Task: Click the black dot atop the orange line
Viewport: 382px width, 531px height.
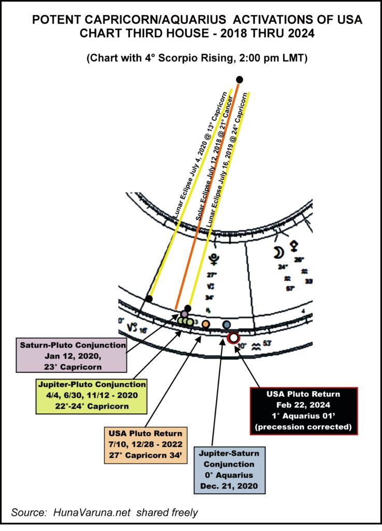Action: (x=239, y=79)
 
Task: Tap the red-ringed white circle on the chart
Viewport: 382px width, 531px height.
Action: (x=233, y=338)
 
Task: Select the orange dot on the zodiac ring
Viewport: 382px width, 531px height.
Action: (x=206, y=324)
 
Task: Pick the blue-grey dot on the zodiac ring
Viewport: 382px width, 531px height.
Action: (x=226, y=324)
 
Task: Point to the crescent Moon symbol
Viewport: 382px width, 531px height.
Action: (x=279, y=253)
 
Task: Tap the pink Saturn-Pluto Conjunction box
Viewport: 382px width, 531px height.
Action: (x=73, y=356)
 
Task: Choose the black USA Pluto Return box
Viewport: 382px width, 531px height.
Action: (x=303, y=410)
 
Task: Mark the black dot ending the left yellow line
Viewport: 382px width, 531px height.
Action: (x=149, y=299)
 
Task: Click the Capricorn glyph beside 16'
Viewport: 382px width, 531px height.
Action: (x=131, y=327)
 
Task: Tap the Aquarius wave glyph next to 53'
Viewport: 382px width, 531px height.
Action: (x=255, y=344)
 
